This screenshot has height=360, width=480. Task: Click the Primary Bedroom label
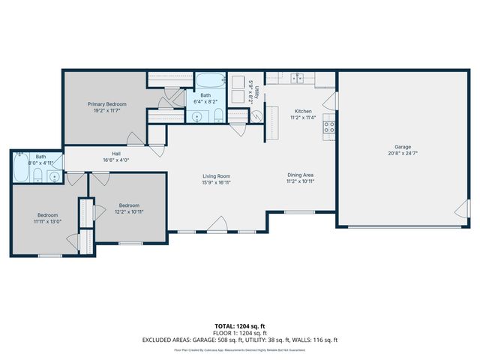(106, 103)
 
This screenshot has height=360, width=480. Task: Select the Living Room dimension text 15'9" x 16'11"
(216, 182)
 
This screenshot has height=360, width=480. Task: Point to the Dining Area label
(300, 175)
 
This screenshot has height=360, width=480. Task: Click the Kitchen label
(302, 111)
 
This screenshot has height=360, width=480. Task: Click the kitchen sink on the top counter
(298, 77)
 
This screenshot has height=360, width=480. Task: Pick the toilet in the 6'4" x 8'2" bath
(218, 115)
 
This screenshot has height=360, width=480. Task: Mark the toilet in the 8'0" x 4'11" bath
(37, 177)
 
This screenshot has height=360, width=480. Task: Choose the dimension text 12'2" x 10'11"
(129, 211)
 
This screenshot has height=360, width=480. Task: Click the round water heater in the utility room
(255, 115)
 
